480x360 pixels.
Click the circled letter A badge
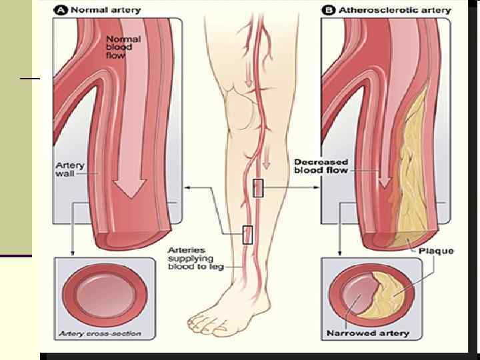coord(60,10)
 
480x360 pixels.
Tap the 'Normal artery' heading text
coord(102,10)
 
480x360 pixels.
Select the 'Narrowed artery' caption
coord(368,333)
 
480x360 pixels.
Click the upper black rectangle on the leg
coord(259,188)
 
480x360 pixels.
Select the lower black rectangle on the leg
coord(248,235)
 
